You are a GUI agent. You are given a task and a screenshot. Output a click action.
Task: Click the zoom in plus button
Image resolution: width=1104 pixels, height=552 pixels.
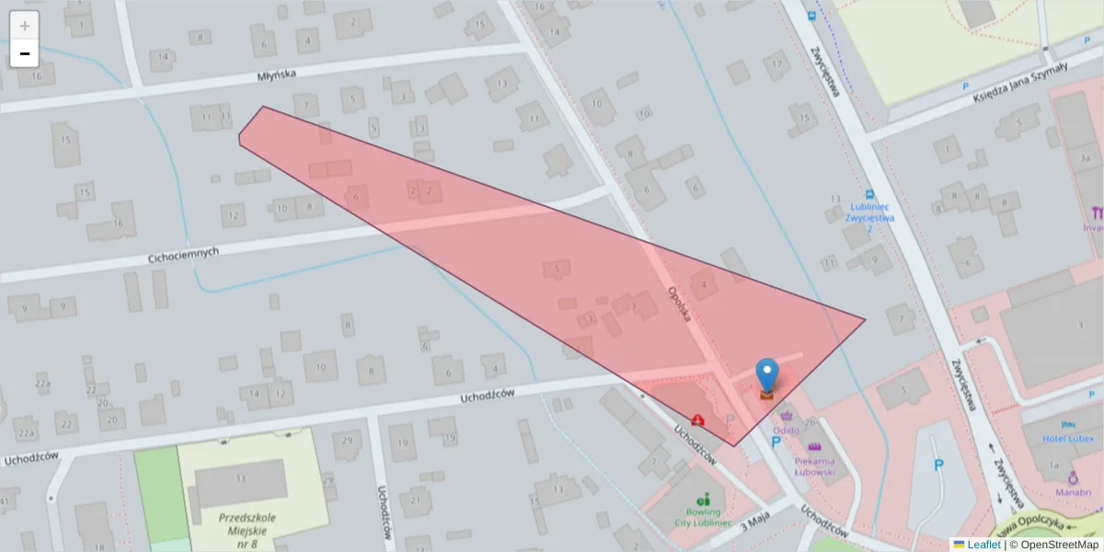coord(24,26)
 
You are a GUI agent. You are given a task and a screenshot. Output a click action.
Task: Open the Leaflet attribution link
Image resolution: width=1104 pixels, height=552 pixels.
coord(983,545)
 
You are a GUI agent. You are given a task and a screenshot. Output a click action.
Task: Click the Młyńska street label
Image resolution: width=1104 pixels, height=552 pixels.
coord(278,76)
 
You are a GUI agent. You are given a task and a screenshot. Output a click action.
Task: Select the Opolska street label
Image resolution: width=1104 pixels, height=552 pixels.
coord(682,305)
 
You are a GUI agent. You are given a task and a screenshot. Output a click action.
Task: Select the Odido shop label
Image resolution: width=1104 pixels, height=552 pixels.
coord(786,430)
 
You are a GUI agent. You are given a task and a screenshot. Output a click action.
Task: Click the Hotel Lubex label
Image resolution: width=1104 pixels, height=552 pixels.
coord(1067,438)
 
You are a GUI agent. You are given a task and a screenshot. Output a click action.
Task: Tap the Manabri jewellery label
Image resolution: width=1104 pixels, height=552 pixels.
coord(1073,492)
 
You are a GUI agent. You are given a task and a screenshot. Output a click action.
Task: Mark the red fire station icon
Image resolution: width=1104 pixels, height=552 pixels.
coord(698,420)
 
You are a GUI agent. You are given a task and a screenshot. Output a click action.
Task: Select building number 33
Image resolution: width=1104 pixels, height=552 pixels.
coord(240,478)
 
